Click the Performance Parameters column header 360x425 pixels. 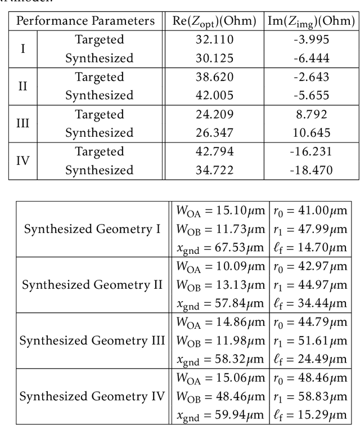pyautogui.click(x=85, y=21)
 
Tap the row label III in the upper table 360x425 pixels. pyautogui.click(x=22, y=123)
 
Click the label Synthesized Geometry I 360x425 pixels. pyautogui.click(x=92, y=229)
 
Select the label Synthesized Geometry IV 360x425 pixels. pyautogui.click(x=92, y=396)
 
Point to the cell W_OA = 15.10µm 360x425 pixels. pyautogui.click(x=219, y=211)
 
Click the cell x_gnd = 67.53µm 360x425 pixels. pyautogui.click(x=219, y=248)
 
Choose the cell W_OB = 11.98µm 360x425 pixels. pyautogui.click(x=219, y=341)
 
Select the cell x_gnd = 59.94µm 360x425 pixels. pyautogui.click(x=219, y=415)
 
